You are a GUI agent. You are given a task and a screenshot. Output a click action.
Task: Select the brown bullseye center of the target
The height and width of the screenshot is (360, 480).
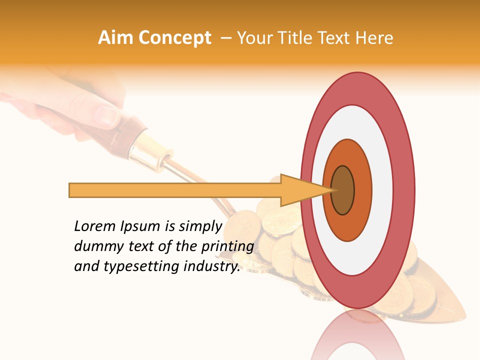coord(343,190)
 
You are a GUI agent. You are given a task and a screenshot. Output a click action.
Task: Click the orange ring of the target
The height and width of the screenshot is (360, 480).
coord(362,190)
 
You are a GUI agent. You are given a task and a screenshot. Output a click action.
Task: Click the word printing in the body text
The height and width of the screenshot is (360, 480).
coord(227,247)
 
